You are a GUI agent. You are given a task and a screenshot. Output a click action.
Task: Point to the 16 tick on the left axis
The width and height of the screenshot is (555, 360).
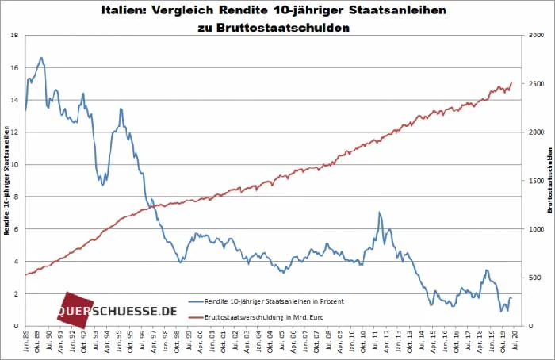[x=16, y=68]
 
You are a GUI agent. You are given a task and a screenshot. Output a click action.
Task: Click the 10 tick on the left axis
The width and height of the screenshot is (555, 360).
[x=16, y=165]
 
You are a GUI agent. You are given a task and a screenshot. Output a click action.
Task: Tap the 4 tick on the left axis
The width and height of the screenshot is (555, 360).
[x=18, y=262]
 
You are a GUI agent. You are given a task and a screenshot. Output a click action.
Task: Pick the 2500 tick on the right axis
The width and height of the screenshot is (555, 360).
[x=536, y=84]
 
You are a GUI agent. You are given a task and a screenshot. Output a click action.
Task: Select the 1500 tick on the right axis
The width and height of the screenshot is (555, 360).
[x=536, y=181]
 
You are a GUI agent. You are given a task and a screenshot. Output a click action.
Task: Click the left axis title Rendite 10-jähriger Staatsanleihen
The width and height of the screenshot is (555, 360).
[x=6, y=181]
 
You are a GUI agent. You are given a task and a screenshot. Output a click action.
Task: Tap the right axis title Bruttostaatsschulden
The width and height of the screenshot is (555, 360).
[x=549, y=181]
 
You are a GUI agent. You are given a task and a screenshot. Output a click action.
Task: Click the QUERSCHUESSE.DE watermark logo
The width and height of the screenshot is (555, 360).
[x=119, y=310]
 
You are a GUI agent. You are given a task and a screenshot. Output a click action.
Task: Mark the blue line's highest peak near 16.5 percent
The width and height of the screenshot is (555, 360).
[x=40, y=58]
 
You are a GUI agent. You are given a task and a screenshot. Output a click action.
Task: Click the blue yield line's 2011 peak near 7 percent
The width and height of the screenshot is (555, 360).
[x=380, y=213]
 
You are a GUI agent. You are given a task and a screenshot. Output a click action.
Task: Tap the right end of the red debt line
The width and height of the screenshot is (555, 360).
[x=512, y=82]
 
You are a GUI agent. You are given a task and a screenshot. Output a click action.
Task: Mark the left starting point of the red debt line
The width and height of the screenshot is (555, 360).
[x=26, y=274]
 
